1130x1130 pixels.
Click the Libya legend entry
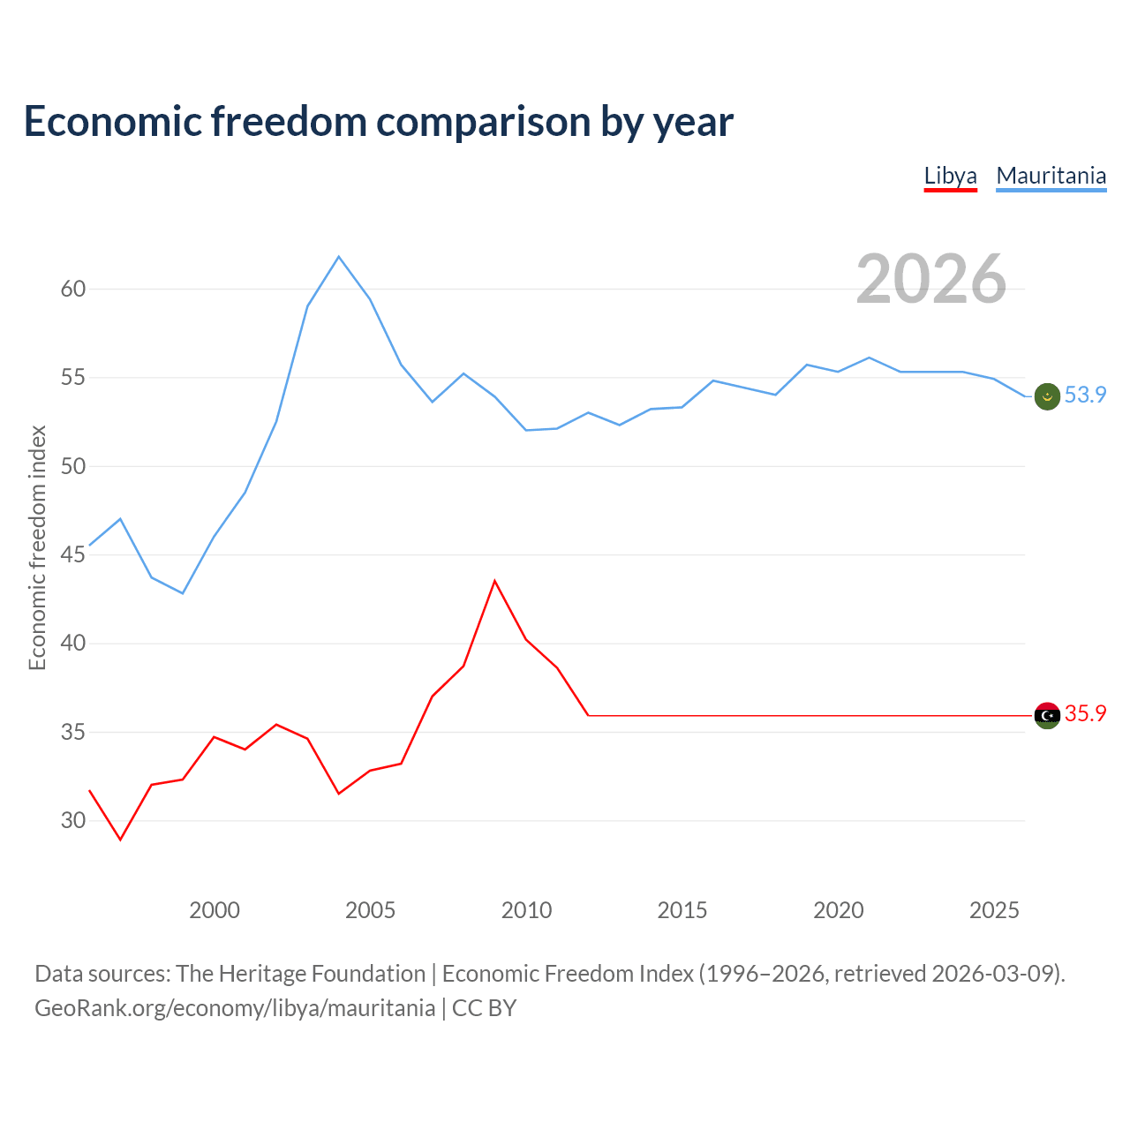[x=950, y=176]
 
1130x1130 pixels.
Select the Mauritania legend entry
[x=1051, y=176]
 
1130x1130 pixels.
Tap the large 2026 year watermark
[x=931, y=279]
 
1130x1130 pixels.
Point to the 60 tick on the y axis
[x=73, y=289]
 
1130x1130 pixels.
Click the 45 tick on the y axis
[x=73, y=554]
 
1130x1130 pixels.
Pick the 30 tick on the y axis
[x=73, y=820]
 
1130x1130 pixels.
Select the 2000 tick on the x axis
[x=215, y=910]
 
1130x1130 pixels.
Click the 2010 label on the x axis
[x=526, y=910]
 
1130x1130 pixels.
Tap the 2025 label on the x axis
[x=994, y=910]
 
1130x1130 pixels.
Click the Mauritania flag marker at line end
[x=1047, y=396]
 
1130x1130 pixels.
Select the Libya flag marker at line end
[x=1047, y=715]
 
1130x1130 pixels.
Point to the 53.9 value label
[x=1085, y=395]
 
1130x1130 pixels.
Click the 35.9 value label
[x=1085, y=714]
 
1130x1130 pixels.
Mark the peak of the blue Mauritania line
[x=339, y=257]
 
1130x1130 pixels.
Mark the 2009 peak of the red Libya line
[x=494, y=581]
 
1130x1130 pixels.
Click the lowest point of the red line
[x=121, y=840]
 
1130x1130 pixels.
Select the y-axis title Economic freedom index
[x=37, y=547]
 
